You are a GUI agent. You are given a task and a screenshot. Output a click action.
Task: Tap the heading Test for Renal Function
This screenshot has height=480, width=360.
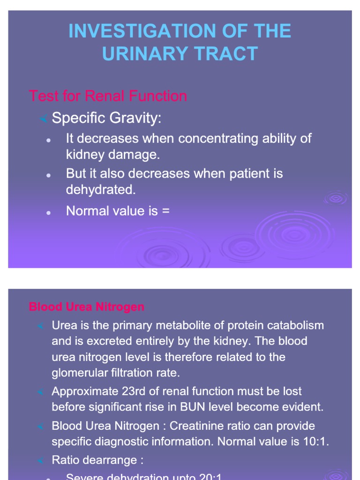click(108, 96)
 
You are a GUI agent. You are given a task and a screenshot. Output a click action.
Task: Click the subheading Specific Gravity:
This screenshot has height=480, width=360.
click(106, 118)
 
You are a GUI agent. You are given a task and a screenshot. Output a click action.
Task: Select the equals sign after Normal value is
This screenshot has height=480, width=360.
click(165, 211)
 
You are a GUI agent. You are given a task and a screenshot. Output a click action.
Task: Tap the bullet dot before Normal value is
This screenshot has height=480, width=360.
click(48, 212)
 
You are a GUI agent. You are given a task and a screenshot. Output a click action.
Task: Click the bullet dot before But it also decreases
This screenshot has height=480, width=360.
click(48, 175)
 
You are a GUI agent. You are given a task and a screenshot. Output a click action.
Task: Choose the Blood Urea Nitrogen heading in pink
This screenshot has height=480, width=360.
click(87, 307)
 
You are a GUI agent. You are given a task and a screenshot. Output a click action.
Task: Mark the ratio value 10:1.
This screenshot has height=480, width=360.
click(316, 442)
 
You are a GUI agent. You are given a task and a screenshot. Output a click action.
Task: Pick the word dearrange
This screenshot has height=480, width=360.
click(110, 460)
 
